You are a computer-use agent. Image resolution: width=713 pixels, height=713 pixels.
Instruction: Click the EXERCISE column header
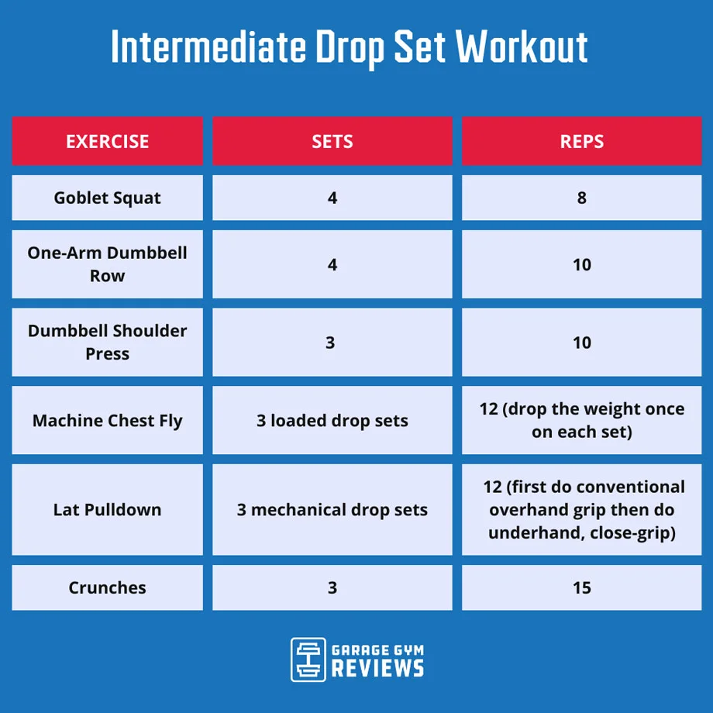pos(107,142)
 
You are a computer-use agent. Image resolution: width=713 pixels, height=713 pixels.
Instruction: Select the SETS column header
pos(332,142)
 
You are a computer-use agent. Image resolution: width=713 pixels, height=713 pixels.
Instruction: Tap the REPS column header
pos(581,142)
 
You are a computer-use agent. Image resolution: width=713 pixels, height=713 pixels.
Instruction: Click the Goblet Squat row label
pos(107,198)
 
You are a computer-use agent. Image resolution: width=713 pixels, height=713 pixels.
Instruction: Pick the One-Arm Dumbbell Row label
pos(107,264)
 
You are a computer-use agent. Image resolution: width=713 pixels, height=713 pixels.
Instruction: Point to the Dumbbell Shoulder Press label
pos(107,342)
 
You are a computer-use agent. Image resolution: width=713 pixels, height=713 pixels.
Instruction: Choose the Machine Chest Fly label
pos(107,421)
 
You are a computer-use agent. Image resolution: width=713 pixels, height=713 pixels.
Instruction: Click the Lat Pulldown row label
pos(107,510)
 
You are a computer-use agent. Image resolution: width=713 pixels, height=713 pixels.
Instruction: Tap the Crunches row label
pos(107,587)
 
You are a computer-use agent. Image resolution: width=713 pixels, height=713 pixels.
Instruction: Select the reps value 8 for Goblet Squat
pos(581,198)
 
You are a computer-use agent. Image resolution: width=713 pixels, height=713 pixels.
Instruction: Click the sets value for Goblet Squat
pos(332,198)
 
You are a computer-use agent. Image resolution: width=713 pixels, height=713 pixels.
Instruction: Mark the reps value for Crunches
pos(581,587)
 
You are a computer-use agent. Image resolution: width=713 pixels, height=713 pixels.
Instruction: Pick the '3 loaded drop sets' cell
pos(332,421)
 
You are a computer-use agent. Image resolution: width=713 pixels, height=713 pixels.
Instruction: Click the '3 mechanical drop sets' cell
pos(332,510)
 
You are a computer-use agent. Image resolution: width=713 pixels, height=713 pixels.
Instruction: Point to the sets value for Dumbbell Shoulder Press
pos(330,342)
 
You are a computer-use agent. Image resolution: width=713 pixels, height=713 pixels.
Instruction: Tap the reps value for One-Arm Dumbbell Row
pos(581,264)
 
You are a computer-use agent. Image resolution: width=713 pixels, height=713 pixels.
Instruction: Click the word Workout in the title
pos(521,48)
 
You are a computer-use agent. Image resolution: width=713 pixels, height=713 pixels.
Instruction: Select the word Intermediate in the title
pos(208,48)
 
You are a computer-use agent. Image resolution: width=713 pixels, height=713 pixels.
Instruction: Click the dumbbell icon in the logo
pos(308,660)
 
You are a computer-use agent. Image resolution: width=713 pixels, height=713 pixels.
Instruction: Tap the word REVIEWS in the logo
pos(377,668)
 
